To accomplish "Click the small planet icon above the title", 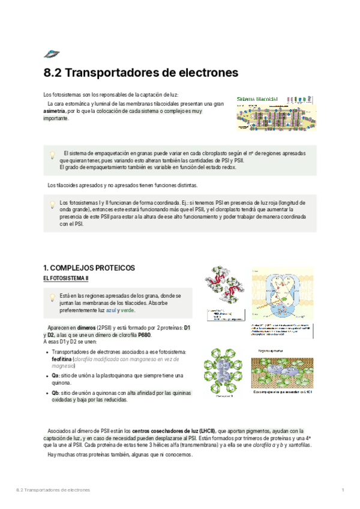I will (52, 53).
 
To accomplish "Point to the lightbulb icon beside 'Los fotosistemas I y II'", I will (52, 204).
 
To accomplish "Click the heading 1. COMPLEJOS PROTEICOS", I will (89, 268).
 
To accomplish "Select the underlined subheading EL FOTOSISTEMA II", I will (65, 279).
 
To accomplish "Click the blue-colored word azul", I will (111, 310).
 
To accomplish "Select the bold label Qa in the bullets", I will (56, 375).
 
